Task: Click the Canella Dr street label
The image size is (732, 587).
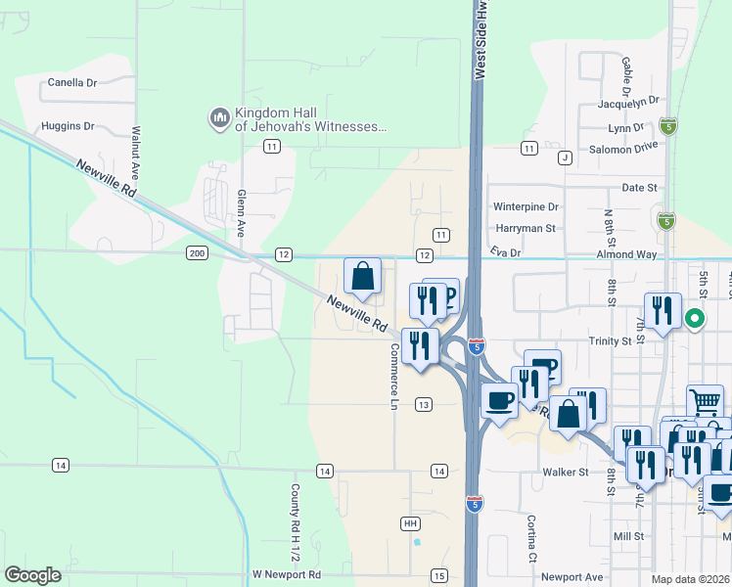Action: [x=72, y=83]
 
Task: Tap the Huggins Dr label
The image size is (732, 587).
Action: [x=68, y=126]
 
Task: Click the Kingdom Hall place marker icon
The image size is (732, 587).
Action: [x=219, y=119]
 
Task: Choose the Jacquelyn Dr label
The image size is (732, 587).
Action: [x=628, y=101]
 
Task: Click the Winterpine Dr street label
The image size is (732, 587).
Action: [x=526, y=207]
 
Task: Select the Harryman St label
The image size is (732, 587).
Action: [x=524, y=228]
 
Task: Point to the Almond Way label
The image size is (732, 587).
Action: [x=626, y=252]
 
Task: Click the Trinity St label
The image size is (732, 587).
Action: [x=611, y=340]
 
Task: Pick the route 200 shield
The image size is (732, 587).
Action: [x=197, y=253]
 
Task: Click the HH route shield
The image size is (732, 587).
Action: [x=411, y=523]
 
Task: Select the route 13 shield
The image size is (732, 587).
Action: [x=423, y=404]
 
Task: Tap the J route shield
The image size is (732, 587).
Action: [x=565, y=158]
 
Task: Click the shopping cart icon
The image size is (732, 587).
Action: [x=705, y=399]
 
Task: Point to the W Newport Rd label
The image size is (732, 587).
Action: [x=286, y=574]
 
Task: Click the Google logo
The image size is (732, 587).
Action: [x=33, y=575]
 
